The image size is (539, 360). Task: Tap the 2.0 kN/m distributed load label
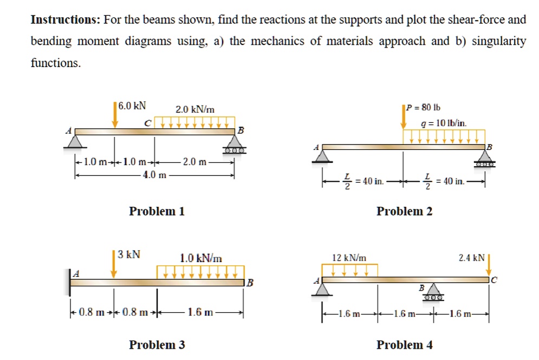[195, 109]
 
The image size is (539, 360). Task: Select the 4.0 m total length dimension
[155, 174]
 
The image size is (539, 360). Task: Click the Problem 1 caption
[157, 211]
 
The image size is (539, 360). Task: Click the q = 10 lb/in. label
[444, 123]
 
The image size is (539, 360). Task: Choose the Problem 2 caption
[404, 211]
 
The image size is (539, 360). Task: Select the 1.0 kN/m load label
[200, 258]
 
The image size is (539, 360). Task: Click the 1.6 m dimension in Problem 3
[200, 312]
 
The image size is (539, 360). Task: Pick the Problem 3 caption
[157, 344]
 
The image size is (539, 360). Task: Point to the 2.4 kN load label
[471, 258]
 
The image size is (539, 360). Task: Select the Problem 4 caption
[404, 344]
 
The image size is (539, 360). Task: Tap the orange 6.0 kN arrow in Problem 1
[115, 115]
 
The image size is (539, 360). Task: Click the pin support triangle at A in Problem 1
[75, 140]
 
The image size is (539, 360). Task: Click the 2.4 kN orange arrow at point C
[489, 265]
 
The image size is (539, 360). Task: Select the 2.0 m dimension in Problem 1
[194, 162]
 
